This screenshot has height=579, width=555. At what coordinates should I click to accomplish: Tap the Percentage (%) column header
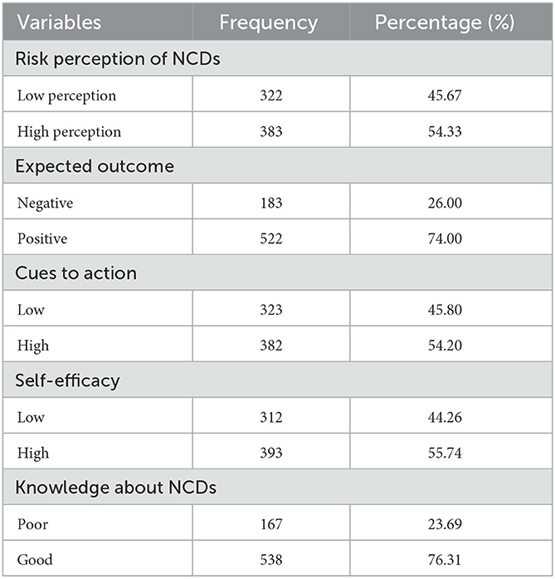(x=444, y=22)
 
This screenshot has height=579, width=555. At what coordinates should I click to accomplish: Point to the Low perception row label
(x=66, y=96)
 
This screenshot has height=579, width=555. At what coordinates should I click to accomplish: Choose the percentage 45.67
(x=450, y=96)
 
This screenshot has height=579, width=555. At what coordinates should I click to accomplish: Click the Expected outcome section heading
(x=95, y=166)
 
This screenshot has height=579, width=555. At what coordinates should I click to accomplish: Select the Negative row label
(x=48, y=203)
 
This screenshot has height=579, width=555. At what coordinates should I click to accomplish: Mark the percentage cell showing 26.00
(x=450, y=203)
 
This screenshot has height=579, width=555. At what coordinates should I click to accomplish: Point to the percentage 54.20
(x=450, y=346)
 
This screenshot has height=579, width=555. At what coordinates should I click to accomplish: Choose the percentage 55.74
(x=450, y=453)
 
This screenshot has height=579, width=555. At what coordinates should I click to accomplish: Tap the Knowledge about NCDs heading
(x=116, y=488)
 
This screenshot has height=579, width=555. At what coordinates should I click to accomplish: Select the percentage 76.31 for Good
(x=450, y=560)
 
